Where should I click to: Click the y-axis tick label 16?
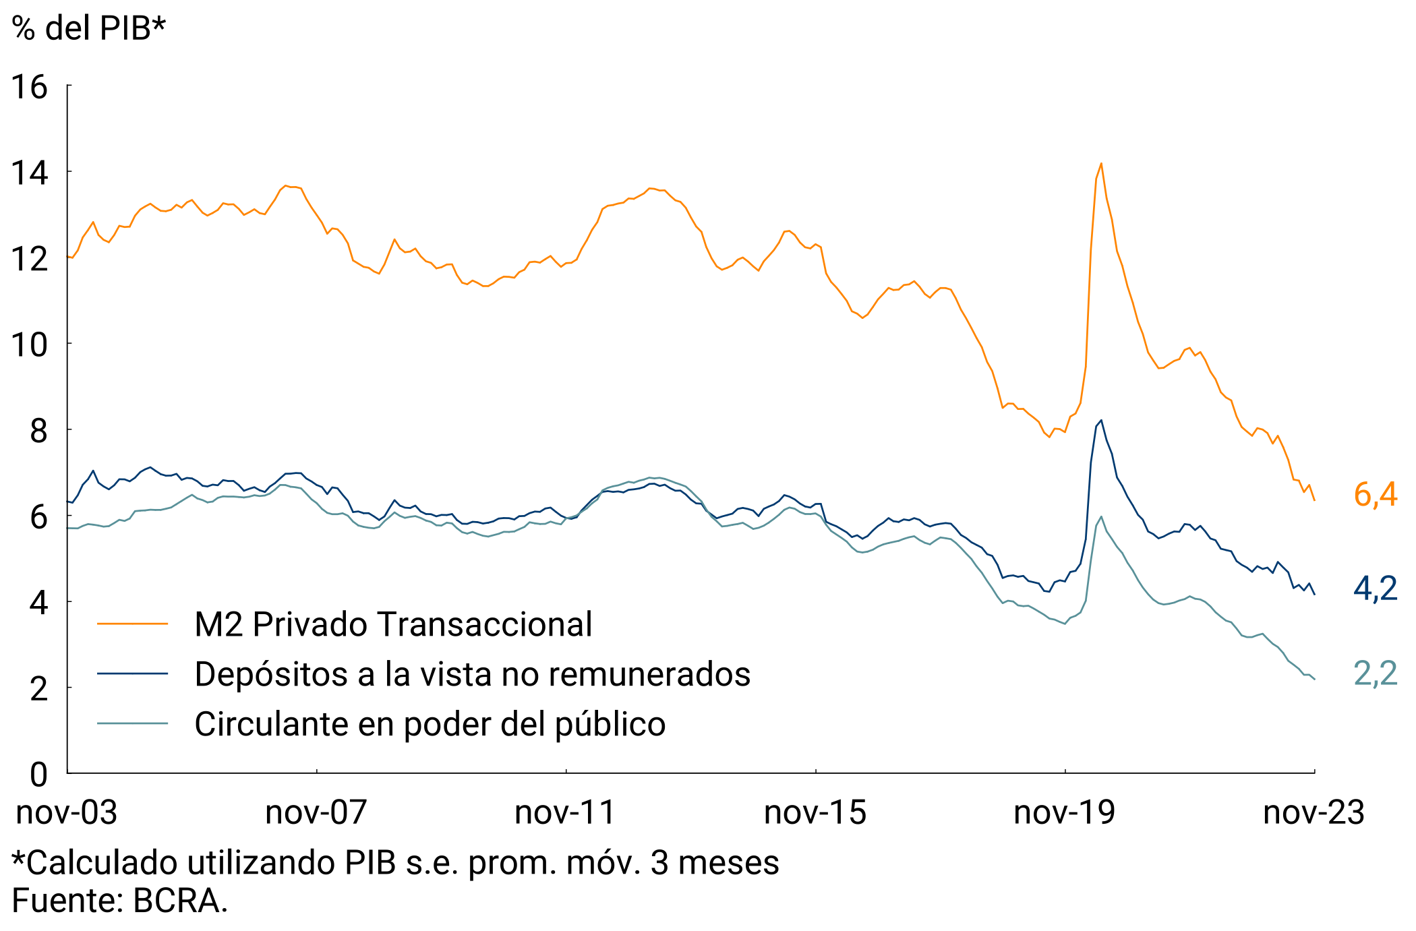(30, 87)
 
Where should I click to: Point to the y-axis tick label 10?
(30, 345)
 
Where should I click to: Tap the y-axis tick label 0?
(38, 775)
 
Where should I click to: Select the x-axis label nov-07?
(316, 812)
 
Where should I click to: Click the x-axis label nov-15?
(815, 812)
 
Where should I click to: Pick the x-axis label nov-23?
(1314, 812)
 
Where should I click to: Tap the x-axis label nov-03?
(67, 812)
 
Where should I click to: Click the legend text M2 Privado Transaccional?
(393, 624)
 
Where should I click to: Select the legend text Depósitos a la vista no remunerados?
(472, 674)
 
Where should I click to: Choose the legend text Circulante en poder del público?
(430, 724)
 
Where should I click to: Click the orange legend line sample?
(132, 624)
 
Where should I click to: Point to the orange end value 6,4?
(1376, 495)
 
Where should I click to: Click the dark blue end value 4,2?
(1376, 589)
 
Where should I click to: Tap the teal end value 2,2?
(1376, 673)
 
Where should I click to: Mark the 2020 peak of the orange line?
(1101, 164)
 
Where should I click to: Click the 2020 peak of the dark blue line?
(1101, 421)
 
